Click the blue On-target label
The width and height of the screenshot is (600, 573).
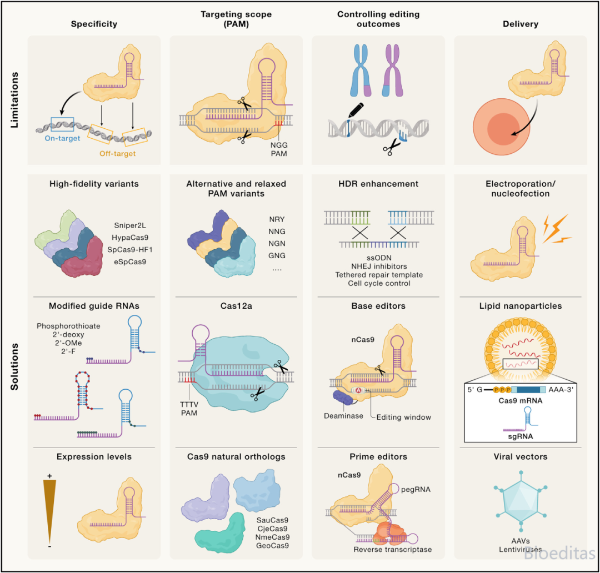(x=62, y=138)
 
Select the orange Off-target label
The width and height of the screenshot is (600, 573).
(x=117, y=153)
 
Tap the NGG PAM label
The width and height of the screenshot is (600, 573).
(x=279, y=149)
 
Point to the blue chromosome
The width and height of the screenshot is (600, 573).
(x=361, y=70)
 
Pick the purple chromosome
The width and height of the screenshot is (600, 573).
(x=393, y=70)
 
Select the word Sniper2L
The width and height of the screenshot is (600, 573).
(x=129, y=225)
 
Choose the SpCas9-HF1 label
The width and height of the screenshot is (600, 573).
(x=129, y=250)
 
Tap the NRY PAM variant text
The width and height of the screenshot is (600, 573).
(x=277, y=219)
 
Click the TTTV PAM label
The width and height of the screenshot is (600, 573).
(x=189, y=409)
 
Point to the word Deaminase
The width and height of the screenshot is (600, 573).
(x=343, y=416)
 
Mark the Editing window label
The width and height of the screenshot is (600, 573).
(x=404, y=417)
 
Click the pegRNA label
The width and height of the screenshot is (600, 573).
(x=416, y=489)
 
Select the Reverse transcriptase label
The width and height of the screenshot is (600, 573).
(x=393, y=549)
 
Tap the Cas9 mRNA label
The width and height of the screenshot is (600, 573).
(x=521, y=400)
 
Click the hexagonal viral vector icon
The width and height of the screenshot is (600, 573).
(x=521, y=501)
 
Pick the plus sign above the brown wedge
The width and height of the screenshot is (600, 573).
(x=49, y=476)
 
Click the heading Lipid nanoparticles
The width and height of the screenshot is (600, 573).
(x=521, y=305)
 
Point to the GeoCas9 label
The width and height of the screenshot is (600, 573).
(x=272, y=545)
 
